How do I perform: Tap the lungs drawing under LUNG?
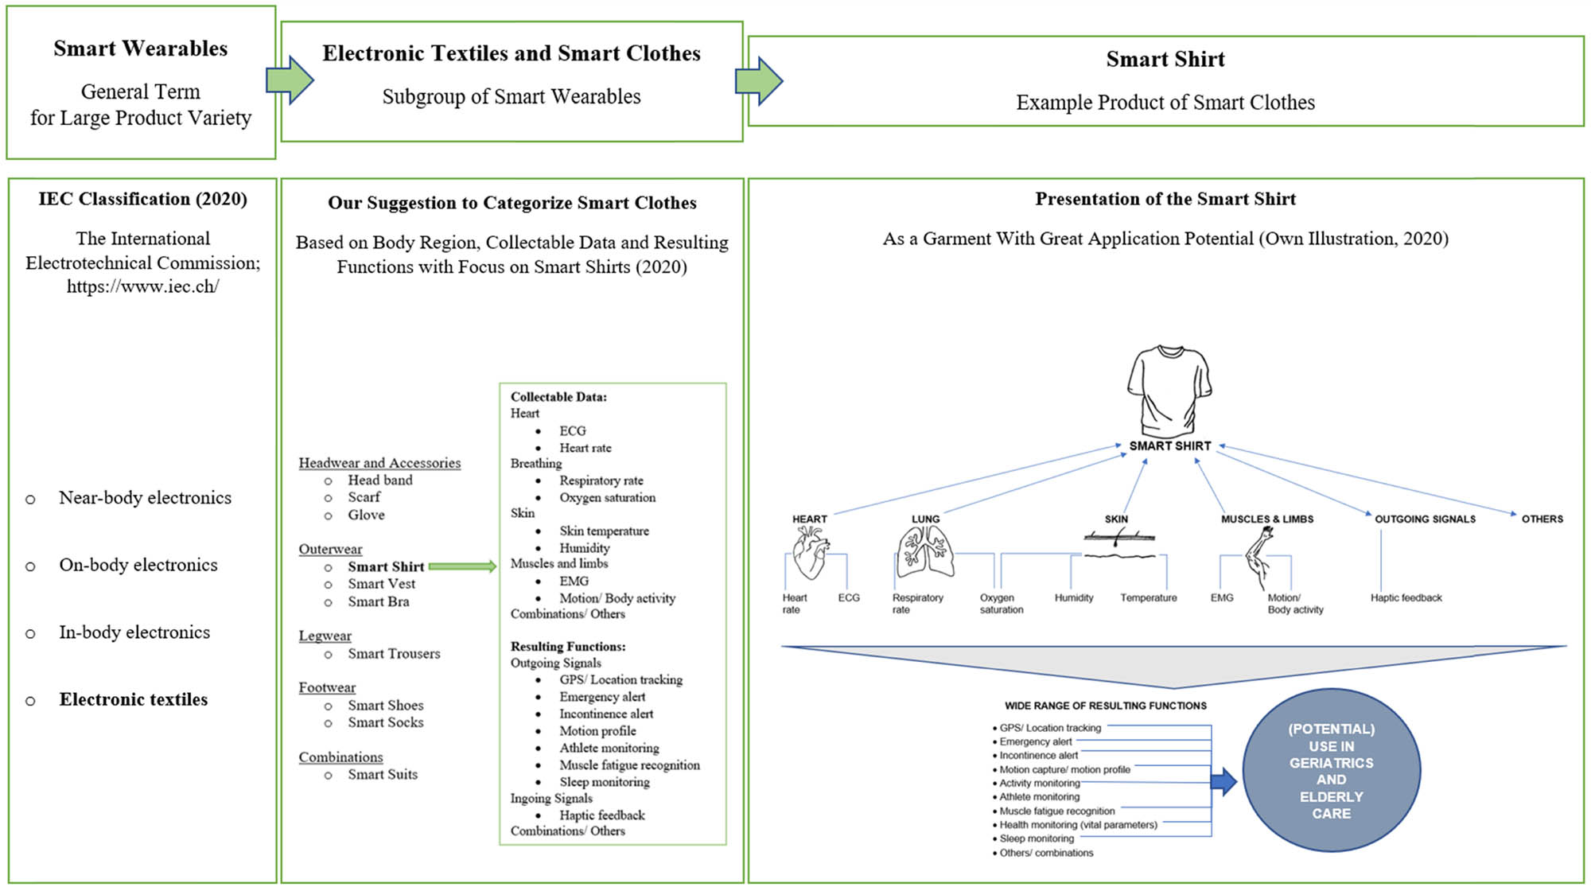tap(925, 553)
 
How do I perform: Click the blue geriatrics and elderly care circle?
tap(1331, 770)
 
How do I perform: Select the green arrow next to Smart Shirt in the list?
tap(462, 566)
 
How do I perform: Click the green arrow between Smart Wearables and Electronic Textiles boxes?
tap(289, 80)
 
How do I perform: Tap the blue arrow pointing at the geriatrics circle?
tap(1223, 781)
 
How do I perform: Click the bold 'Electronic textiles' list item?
tap(133, 699)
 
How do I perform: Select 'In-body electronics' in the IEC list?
tap(134, 632)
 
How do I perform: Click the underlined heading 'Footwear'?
tap(327, 687)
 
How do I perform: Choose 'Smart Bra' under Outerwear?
tap(378, 601)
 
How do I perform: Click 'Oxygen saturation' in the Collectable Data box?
tap(607, 497)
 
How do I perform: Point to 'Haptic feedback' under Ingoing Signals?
tap(601, 815)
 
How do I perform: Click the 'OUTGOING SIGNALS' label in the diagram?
tap(1425, 519)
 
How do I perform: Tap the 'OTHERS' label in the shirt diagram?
tap(1542, 519)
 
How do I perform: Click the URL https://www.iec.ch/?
tap(142, 286)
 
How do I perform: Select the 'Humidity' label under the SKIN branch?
tap(1073, 597)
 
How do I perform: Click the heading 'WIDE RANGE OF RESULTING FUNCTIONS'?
tap(1105, 706)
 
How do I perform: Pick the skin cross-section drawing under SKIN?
tap(1118, 545)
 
